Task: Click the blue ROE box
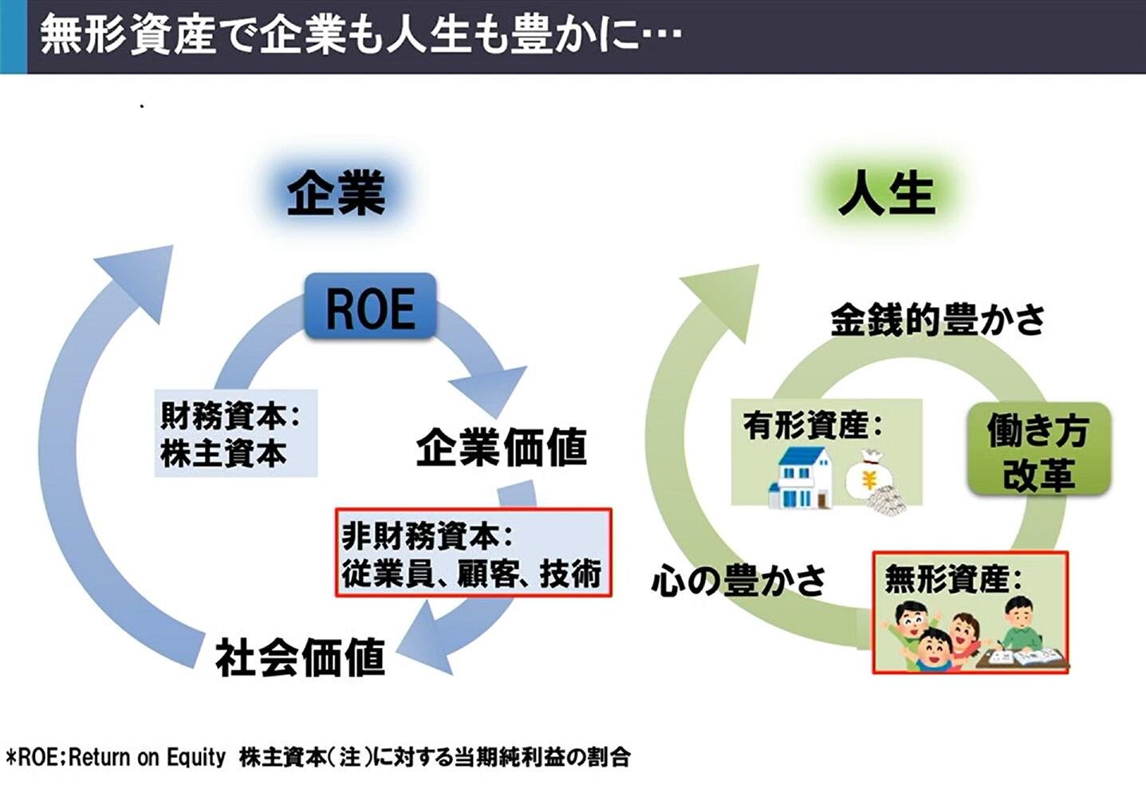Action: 370,307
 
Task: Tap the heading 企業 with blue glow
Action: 336,194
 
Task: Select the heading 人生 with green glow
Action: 886,194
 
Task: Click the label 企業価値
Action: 501,447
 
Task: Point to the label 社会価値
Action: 300,658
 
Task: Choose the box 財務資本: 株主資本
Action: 235,433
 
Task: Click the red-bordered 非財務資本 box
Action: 473,553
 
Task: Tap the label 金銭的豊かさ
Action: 937,320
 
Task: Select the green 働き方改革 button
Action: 1038,451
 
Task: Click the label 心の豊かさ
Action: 738,580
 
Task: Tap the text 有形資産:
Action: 812,425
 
